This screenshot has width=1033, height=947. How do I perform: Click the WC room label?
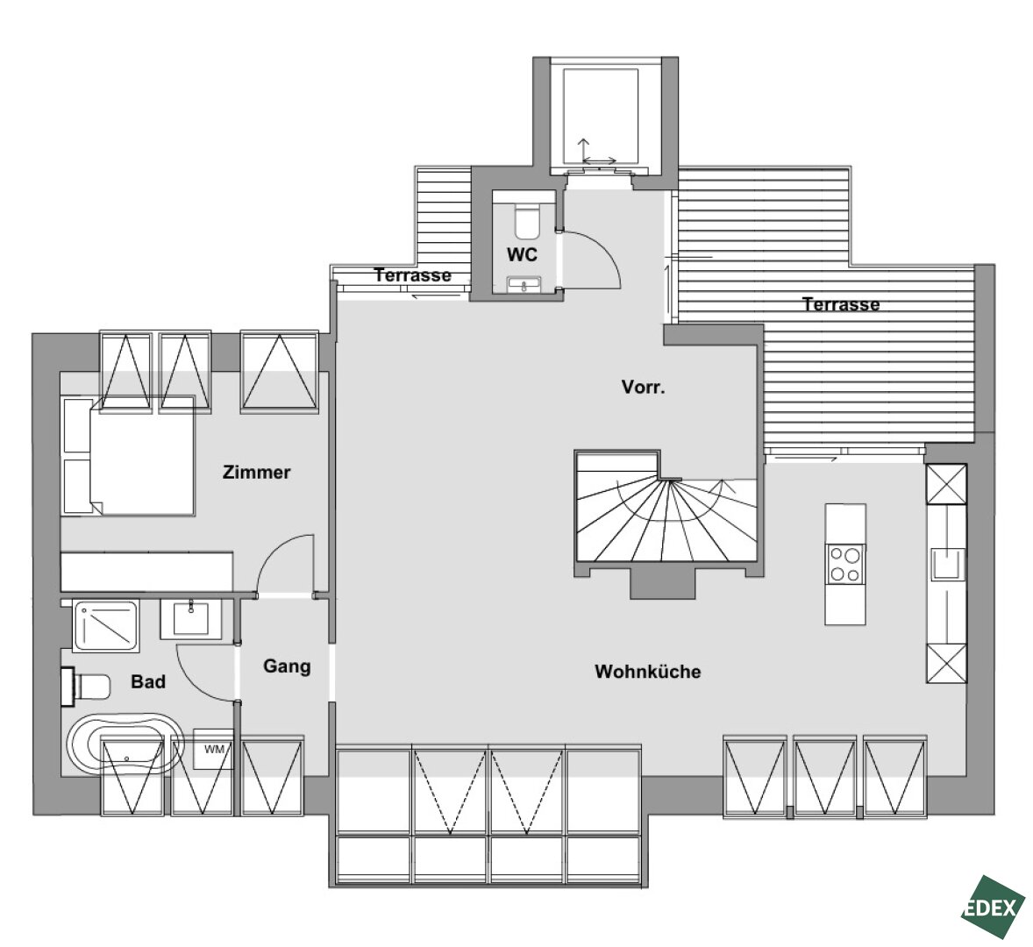coord(522,254)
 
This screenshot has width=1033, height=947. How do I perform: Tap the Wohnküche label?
coord(648,672)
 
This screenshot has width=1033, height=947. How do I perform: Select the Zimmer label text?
coord(256,472)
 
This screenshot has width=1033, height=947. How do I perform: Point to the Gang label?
coord(287,666)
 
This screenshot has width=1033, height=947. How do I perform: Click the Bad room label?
coord(147,681)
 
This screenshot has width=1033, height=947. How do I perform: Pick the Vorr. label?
coord(643,388)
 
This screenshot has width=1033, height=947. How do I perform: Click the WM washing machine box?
coord(213,749)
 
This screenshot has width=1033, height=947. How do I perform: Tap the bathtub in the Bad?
coord(125,744)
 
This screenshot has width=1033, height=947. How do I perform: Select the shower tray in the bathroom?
coord(105,625)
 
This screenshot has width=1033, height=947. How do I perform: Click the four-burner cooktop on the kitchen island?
coord(844,564)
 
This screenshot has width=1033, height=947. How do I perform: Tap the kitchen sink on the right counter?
coord(947,564)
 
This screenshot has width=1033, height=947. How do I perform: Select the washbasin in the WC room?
coord(524,284)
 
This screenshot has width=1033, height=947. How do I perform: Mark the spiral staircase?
coord(666,506)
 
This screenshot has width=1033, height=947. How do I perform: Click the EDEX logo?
coord(992,907)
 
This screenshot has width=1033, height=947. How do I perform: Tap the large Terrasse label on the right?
coord(841,304)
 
